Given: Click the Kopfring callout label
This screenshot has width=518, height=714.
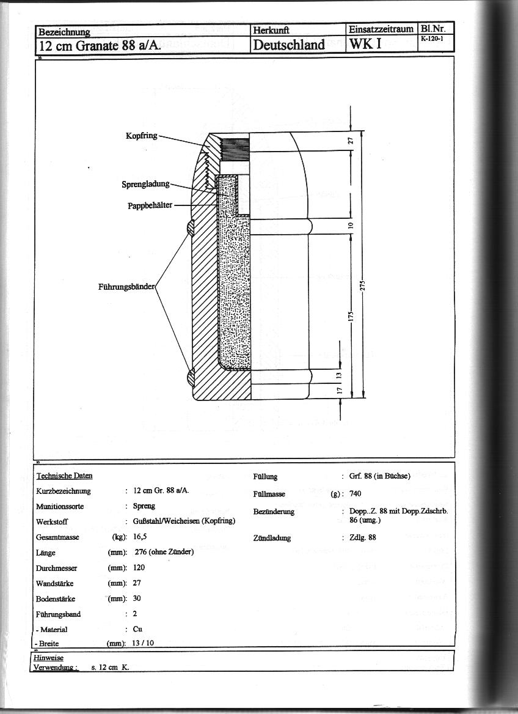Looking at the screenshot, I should click(x=142, y=136).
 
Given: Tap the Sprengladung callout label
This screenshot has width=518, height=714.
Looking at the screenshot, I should click(x=145, y=183).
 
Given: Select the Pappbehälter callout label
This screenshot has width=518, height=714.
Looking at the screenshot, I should click(x=150, y=205).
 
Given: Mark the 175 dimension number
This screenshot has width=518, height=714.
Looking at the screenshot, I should click(x=351, y=317).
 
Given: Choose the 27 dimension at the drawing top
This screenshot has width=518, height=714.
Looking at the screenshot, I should click(x=350, y=141).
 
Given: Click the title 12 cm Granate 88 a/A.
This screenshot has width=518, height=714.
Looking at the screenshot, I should click(x=100, y=45).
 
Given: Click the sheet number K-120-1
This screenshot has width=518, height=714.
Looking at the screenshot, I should click(x=434, y=39).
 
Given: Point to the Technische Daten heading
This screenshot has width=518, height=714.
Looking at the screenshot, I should click(x=64, y=476).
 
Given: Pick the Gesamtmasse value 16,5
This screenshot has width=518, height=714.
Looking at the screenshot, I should click(x=140, y=537).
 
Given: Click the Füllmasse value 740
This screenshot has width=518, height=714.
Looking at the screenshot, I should click(x=356, y=493).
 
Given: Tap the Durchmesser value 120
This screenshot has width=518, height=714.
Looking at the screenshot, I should click(x=139, y=567).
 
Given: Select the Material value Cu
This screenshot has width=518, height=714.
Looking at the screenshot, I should click(x=138, y=629).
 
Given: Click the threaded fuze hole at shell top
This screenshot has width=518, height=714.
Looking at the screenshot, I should click(x=236, y=147).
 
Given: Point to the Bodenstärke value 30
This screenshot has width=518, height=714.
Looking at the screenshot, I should click(x=137, y=598).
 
